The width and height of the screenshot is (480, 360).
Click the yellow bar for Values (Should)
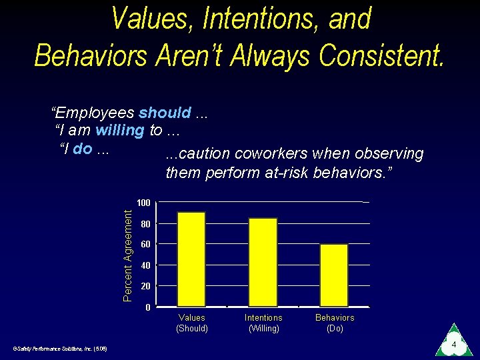pyautogui.click(x=192, y=259)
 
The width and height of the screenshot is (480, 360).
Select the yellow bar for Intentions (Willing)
pyautogui.click(x=263, y=262)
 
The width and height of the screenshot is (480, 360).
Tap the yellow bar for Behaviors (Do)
pyautogui.click(x=333, y=275)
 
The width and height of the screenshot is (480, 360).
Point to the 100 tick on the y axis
pyautogui.click(x=143, y=203)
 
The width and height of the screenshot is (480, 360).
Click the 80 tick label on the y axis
pyautogui.click(x=146, y=224)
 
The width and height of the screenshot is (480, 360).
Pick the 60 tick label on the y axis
pyautogui.click(x=146, y=245)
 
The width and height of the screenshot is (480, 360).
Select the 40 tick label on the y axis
pyautogui.click(x=146, y=265)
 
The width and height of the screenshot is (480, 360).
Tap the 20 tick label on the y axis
pyautogui.click(x=146, y=286)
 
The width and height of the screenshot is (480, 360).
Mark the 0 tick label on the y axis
pyautogui.click(x=148, y=307)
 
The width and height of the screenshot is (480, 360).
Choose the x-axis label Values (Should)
pyautogui.click(x=192, y=323)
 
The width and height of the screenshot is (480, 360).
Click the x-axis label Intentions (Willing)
pyautogui.click(x=263, y=323)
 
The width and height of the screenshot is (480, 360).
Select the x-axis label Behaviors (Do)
pyautogui.click(x=335, y=323)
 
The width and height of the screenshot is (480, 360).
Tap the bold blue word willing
pyautogui.click(x=120, y=130)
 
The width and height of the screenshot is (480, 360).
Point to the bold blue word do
pyautogui.click(x=83, y=148)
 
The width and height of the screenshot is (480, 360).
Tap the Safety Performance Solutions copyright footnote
pyautogui.click(x=55, y=348)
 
